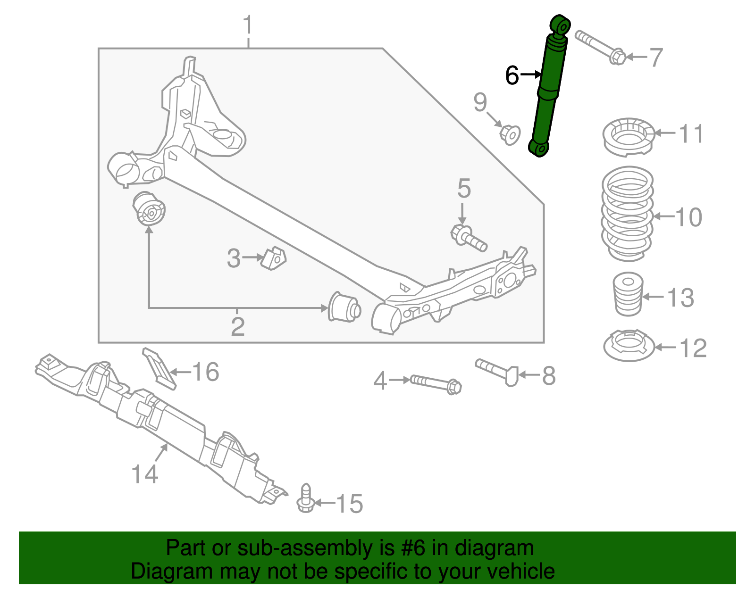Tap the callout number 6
(x=512, y=75)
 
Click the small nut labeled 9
(x=510, y=134)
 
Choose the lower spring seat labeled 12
(x=629, y=346)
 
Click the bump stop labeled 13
(x=628, y=295)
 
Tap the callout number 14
(x=144, y=474)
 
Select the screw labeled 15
(x=306, y=499)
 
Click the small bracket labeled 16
(x=159, y=368)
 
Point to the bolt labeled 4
(x=435, y=383)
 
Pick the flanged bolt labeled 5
(x=469, y=239)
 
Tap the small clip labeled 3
(x=274, y=257)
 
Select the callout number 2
(x=237, y=327)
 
